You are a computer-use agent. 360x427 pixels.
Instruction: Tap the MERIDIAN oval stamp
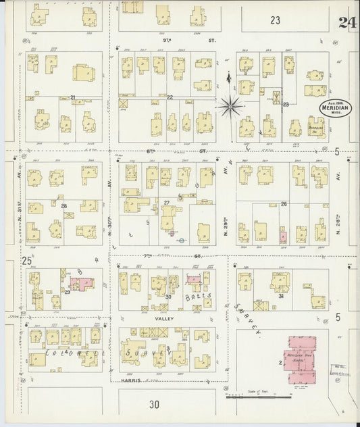point(335,111)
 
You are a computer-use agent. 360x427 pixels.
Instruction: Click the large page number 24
point(349,21)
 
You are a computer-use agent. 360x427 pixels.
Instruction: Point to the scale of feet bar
point(257,396)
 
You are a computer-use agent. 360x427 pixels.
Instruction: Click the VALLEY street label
point(165,318)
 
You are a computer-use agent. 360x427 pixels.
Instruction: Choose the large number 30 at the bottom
point(155,405)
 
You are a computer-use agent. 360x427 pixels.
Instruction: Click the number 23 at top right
point(275,20)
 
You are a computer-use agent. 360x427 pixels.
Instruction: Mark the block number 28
point(63,206)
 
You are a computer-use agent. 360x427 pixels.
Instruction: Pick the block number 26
point(284,203)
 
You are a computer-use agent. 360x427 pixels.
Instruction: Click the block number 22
point(170,98)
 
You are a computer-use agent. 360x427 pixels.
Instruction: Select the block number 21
point(73,98)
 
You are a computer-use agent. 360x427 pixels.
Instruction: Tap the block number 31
point(280,296)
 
